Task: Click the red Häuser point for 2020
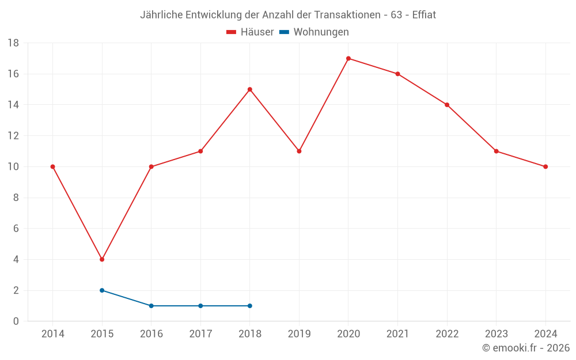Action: (348, 58)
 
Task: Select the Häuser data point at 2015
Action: (102, 259)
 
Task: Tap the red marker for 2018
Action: (250, 89)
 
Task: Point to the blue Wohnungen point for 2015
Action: (102, 290)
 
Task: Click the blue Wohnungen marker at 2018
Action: (250, 306)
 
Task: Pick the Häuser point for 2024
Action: (545, 166)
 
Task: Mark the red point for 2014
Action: (53, 166)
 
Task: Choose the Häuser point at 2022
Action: (447, 105)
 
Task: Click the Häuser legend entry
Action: (250, 32)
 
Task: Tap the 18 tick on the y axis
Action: (13, 43)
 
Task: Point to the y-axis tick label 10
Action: (13, 166)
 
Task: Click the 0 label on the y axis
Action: (16, 321)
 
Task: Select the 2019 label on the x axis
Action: (299, 334)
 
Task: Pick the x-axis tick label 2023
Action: (496, 334)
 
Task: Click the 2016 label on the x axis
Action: (151, 334)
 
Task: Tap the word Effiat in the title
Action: (424, 15)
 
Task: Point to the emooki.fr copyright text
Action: (526, 348)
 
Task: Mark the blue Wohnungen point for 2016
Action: (151, 306)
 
